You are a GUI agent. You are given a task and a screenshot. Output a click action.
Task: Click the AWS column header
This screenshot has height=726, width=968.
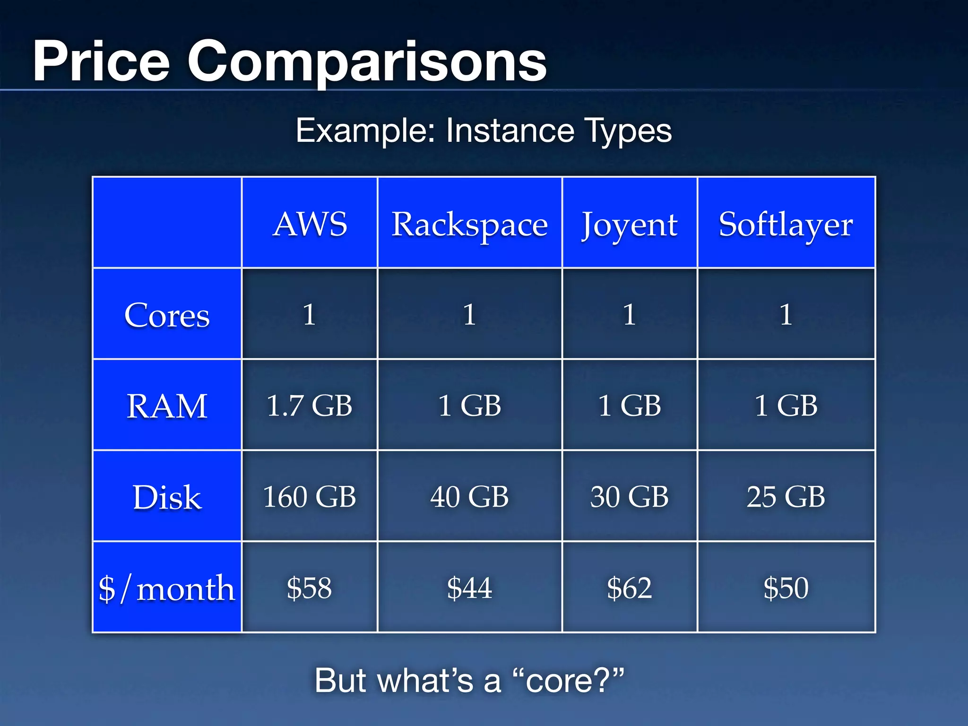click(x=310, y=224)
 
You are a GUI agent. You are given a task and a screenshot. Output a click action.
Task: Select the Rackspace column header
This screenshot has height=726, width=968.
click(x=469, y=225)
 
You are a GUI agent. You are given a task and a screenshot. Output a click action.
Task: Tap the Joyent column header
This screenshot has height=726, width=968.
click(x=629, y=225)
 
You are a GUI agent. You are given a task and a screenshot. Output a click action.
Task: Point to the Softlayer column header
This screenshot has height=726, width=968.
click(x=786, y=225)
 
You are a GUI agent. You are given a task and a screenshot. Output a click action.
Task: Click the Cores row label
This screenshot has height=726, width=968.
click(x=167, y=315)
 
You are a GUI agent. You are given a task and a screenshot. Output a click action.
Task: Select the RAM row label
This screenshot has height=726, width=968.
click(x=167, y=406)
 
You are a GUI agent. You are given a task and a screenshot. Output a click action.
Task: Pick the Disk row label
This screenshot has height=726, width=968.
click(x=167, y=497)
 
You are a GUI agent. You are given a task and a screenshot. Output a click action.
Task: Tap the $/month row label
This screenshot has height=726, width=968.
click(x=167, y=588)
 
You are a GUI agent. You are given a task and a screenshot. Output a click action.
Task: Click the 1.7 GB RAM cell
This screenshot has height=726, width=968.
click(x=310, y=406)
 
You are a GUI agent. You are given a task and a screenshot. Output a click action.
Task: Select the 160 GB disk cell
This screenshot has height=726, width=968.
click(x=310, y=497)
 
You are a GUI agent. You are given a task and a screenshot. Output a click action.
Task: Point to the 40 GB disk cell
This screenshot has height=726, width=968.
click(x=469, y=497)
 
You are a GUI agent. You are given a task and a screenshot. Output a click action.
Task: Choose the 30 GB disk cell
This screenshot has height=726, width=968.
click(x=629, y=497)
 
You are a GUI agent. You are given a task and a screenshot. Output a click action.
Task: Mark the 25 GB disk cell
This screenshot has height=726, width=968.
click(x=786, y=497)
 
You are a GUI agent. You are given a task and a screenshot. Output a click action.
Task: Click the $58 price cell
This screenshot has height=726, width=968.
click(x=310, y=588)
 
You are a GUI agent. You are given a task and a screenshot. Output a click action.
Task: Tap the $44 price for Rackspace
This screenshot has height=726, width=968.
click(x=469, y=588)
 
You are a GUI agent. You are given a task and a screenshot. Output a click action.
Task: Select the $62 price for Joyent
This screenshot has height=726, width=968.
click(x=629, y=588)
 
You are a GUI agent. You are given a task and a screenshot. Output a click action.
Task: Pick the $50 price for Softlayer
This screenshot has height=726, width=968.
click(x=786, y=588)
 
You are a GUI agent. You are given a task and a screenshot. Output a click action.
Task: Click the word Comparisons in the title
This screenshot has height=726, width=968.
click(x=367, y=61)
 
